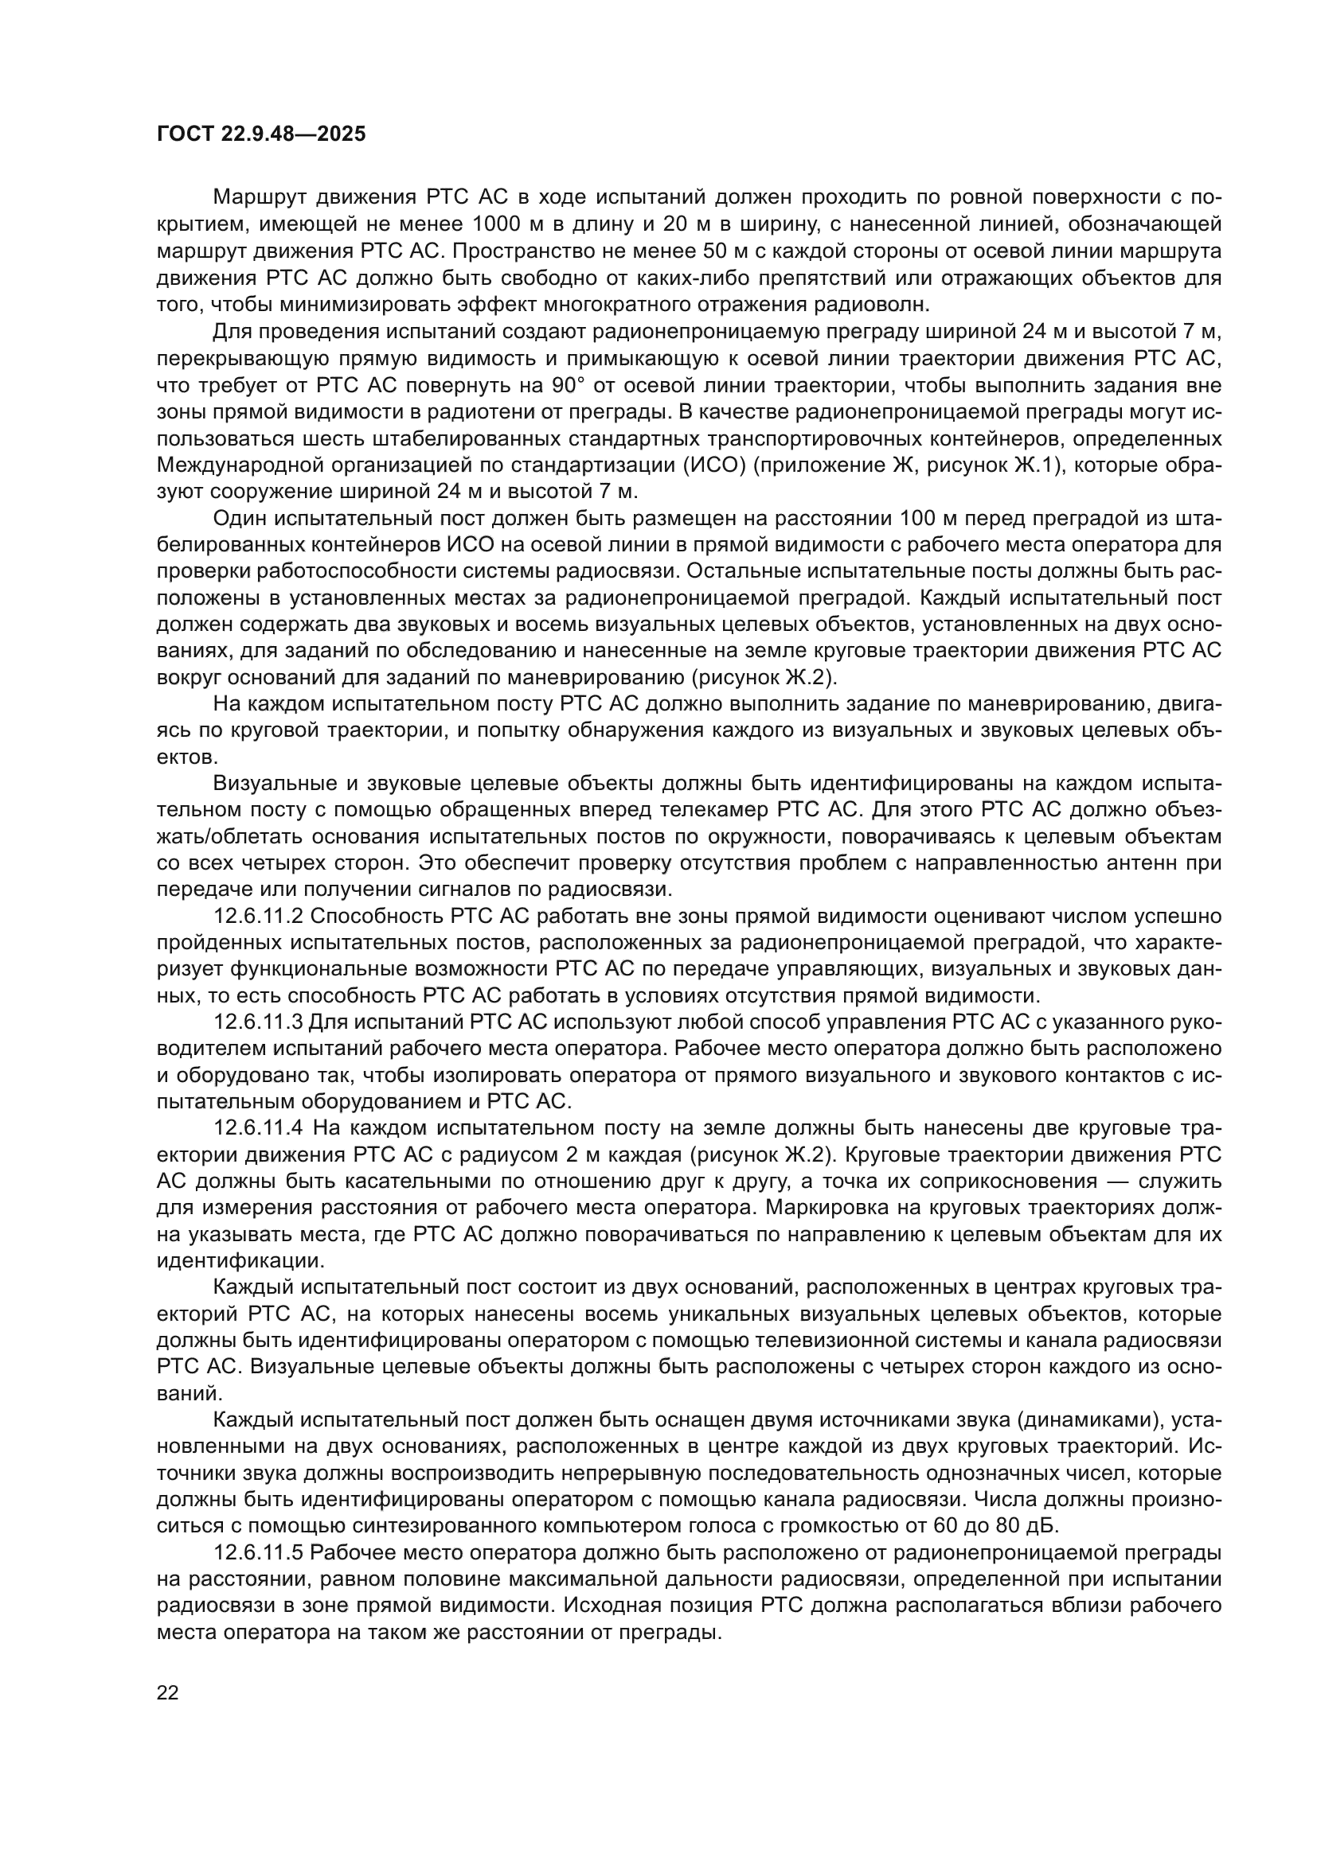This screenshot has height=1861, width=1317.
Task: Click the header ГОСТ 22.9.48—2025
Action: tap(260, 134)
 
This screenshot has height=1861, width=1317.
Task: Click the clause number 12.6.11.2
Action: tap(258, 916)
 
